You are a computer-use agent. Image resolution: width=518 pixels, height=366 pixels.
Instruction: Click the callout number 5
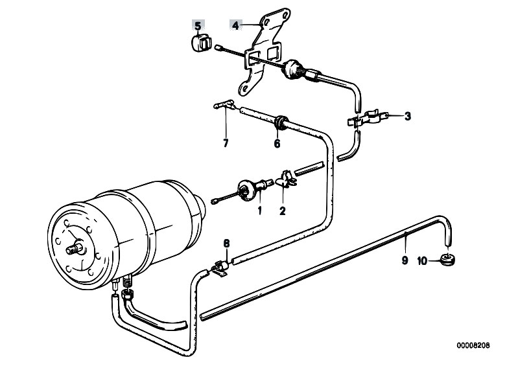coord(198,25)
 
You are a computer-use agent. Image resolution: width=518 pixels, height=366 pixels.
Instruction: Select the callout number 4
coord(235,25)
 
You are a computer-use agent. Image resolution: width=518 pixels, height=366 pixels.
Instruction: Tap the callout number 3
coord(408,116)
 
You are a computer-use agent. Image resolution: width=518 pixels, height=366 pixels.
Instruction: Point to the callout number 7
coord(226,144)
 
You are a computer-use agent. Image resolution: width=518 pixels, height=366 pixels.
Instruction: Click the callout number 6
coord(277,144)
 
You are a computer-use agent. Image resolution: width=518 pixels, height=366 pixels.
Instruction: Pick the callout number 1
coord(260,211)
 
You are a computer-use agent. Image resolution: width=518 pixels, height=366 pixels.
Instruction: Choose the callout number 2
coord(283,211)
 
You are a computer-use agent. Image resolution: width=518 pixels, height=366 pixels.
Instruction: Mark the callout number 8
coord(226,244)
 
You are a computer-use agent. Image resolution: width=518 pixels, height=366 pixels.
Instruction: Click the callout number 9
coord(405,260)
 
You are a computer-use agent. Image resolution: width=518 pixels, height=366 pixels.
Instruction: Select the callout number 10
coord(423,261)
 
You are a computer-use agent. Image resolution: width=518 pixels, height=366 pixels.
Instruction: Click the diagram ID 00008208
coord(473,345)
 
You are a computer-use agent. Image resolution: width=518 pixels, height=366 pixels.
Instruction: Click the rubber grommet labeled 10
coord(447,258)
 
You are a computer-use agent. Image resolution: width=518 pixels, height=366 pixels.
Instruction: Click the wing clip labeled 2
coord(285,179)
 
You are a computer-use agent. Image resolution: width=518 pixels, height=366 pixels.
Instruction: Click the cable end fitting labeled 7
coord(225,105)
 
